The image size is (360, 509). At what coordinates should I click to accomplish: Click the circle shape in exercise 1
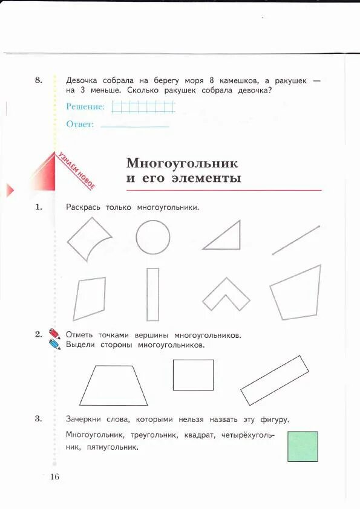click(152, 236)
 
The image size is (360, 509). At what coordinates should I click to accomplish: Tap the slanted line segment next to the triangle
click(296, 239)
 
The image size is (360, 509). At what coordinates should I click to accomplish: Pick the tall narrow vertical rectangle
click(152, 294)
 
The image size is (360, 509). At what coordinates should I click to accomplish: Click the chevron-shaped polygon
click(226, 294)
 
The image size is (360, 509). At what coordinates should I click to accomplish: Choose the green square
click(303, 446)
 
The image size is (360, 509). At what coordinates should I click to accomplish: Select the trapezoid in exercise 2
click(113, 386)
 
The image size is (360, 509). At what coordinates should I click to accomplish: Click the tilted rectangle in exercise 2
click(275, 380)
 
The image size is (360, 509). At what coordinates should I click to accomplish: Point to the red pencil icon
click(54, 334)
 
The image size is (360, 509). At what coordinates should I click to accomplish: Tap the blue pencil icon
click(55, 345)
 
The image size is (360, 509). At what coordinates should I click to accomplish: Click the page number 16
click(54, 477)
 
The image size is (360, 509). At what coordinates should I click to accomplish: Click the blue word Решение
click(85, 106)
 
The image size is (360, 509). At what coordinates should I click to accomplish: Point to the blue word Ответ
click(80, 124)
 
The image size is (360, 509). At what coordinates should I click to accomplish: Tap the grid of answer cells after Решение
click(143, 107)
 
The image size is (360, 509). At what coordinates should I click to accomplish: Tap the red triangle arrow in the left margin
click(10, 191)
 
